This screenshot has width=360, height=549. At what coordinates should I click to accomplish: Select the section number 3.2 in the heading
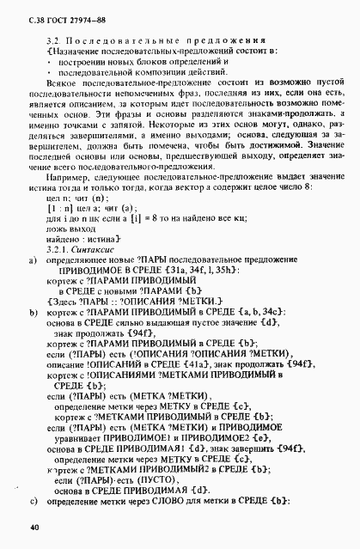[x=49, y=40]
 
